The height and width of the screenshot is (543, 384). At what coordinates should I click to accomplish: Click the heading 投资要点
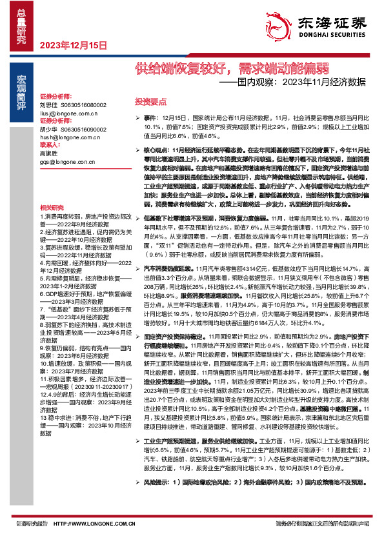click(150, 102)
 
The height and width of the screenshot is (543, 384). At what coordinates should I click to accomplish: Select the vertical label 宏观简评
click(21, 86)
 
